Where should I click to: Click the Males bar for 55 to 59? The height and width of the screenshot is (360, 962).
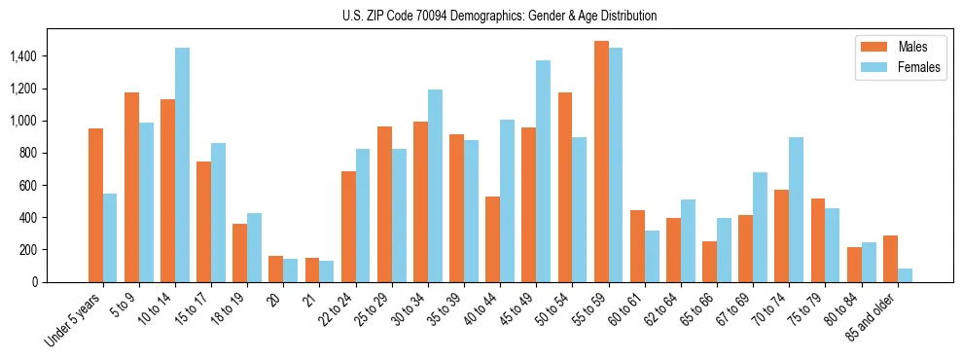602,162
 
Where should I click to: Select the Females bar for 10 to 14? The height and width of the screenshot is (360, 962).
182,165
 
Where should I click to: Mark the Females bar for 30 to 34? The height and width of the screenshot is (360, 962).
435,186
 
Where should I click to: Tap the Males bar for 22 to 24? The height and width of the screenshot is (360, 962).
348,227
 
